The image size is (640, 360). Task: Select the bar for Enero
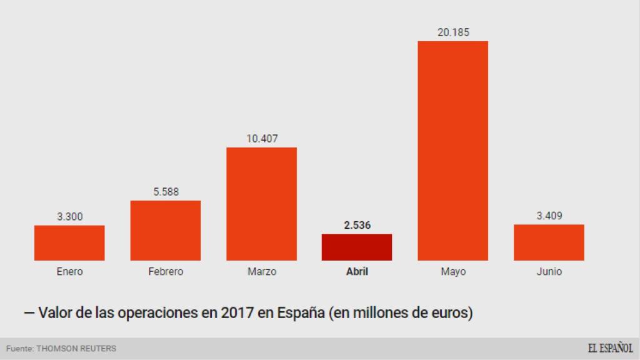[x=69, y=243]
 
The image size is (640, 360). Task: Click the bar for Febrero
[x=166, y=231]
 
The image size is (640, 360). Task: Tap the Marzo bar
[x=261, y=204]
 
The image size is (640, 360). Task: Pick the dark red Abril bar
[x=357, y=247]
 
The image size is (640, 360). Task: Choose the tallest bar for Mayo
[x=453, y=151]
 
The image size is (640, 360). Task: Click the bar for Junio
[x=549, y=242]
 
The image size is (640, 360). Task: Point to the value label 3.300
[x=69, y=217]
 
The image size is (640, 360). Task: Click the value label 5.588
[x=166, y=192]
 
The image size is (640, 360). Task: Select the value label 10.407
[x=261, y=139]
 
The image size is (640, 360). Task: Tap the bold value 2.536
[x=357, y=225]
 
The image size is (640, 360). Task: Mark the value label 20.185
[x=453, y=32]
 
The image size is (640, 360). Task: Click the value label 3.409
[x=549, y=216]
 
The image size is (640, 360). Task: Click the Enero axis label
[x=69, y=272]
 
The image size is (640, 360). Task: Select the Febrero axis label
[x=166, y=272]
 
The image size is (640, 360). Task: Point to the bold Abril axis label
[x=357, y=272]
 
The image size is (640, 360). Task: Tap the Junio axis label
[x=549, y=272]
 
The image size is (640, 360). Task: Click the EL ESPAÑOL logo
[x=609, y=348]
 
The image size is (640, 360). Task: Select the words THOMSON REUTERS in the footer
[x=76, y=348]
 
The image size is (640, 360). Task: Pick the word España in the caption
[x=296, y=312]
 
